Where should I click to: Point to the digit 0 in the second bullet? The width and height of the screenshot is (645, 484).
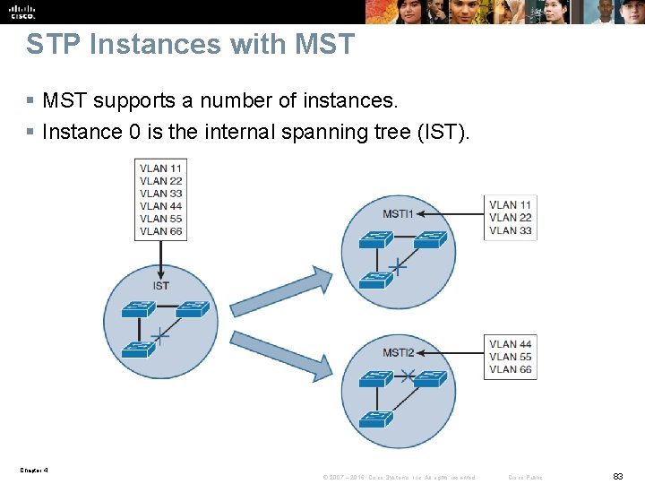pyautogui.click(x=134, y=132)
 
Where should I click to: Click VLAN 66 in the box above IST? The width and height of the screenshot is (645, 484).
pyautogui.click(x=161, y=231)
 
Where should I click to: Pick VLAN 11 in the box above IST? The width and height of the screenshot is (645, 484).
pyautogui.click(x=161, y=169)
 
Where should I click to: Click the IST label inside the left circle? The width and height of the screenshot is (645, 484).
pyautogui.click(x=160, y=286)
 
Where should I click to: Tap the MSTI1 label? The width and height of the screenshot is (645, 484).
pyautogui.click(x=399, y=214)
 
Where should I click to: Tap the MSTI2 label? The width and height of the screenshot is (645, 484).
pyautogui.click(x=399, y=352)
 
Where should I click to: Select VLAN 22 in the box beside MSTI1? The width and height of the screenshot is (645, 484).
pyautogui.click(x=511, y=218)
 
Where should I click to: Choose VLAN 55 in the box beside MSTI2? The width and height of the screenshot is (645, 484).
pyautogui.click(x=511, y=357)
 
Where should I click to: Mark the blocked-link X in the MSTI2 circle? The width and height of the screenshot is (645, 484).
pyautogui.click(x=407, y=376)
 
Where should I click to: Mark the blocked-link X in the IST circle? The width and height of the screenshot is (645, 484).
pyautogui.click(x=160, y=336)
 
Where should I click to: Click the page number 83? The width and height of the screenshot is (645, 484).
pyautogui.click(x=617, y=477)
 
